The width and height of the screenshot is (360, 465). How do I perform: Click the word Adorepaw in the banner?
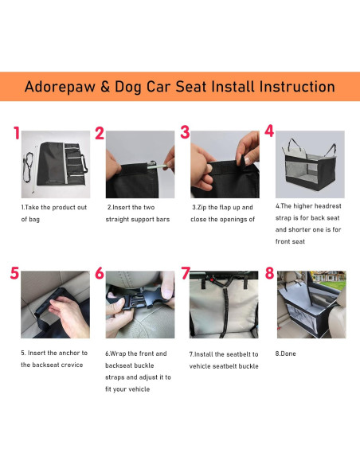point(61,87)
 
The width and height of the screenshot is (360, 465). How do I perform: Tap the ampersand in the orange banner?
point(105,87)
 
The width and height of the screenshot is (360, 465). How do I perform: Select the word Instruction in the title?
point(297,87)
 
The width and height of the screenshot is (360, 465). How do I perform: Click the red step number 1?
point(17,133)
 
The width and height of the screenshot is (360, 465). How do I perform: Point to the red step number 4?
point(269,131)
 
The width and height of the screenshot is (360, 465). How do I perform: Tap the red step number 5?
point(14,273)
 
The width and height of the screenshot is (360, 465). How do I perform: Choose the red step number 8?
point(269,273)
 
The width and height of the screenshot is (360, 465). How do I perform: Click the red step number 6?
point(100,273)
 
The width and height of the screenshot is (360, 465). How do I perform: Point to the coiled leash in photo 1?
point(29,166)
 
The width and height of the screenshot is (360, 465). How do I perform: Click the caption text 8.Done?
point(285,354)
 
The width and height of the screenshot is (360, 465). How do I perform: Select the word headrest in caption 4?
point(327,206)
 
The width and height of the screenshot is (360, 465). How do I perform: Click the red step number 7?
point(186,273)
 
